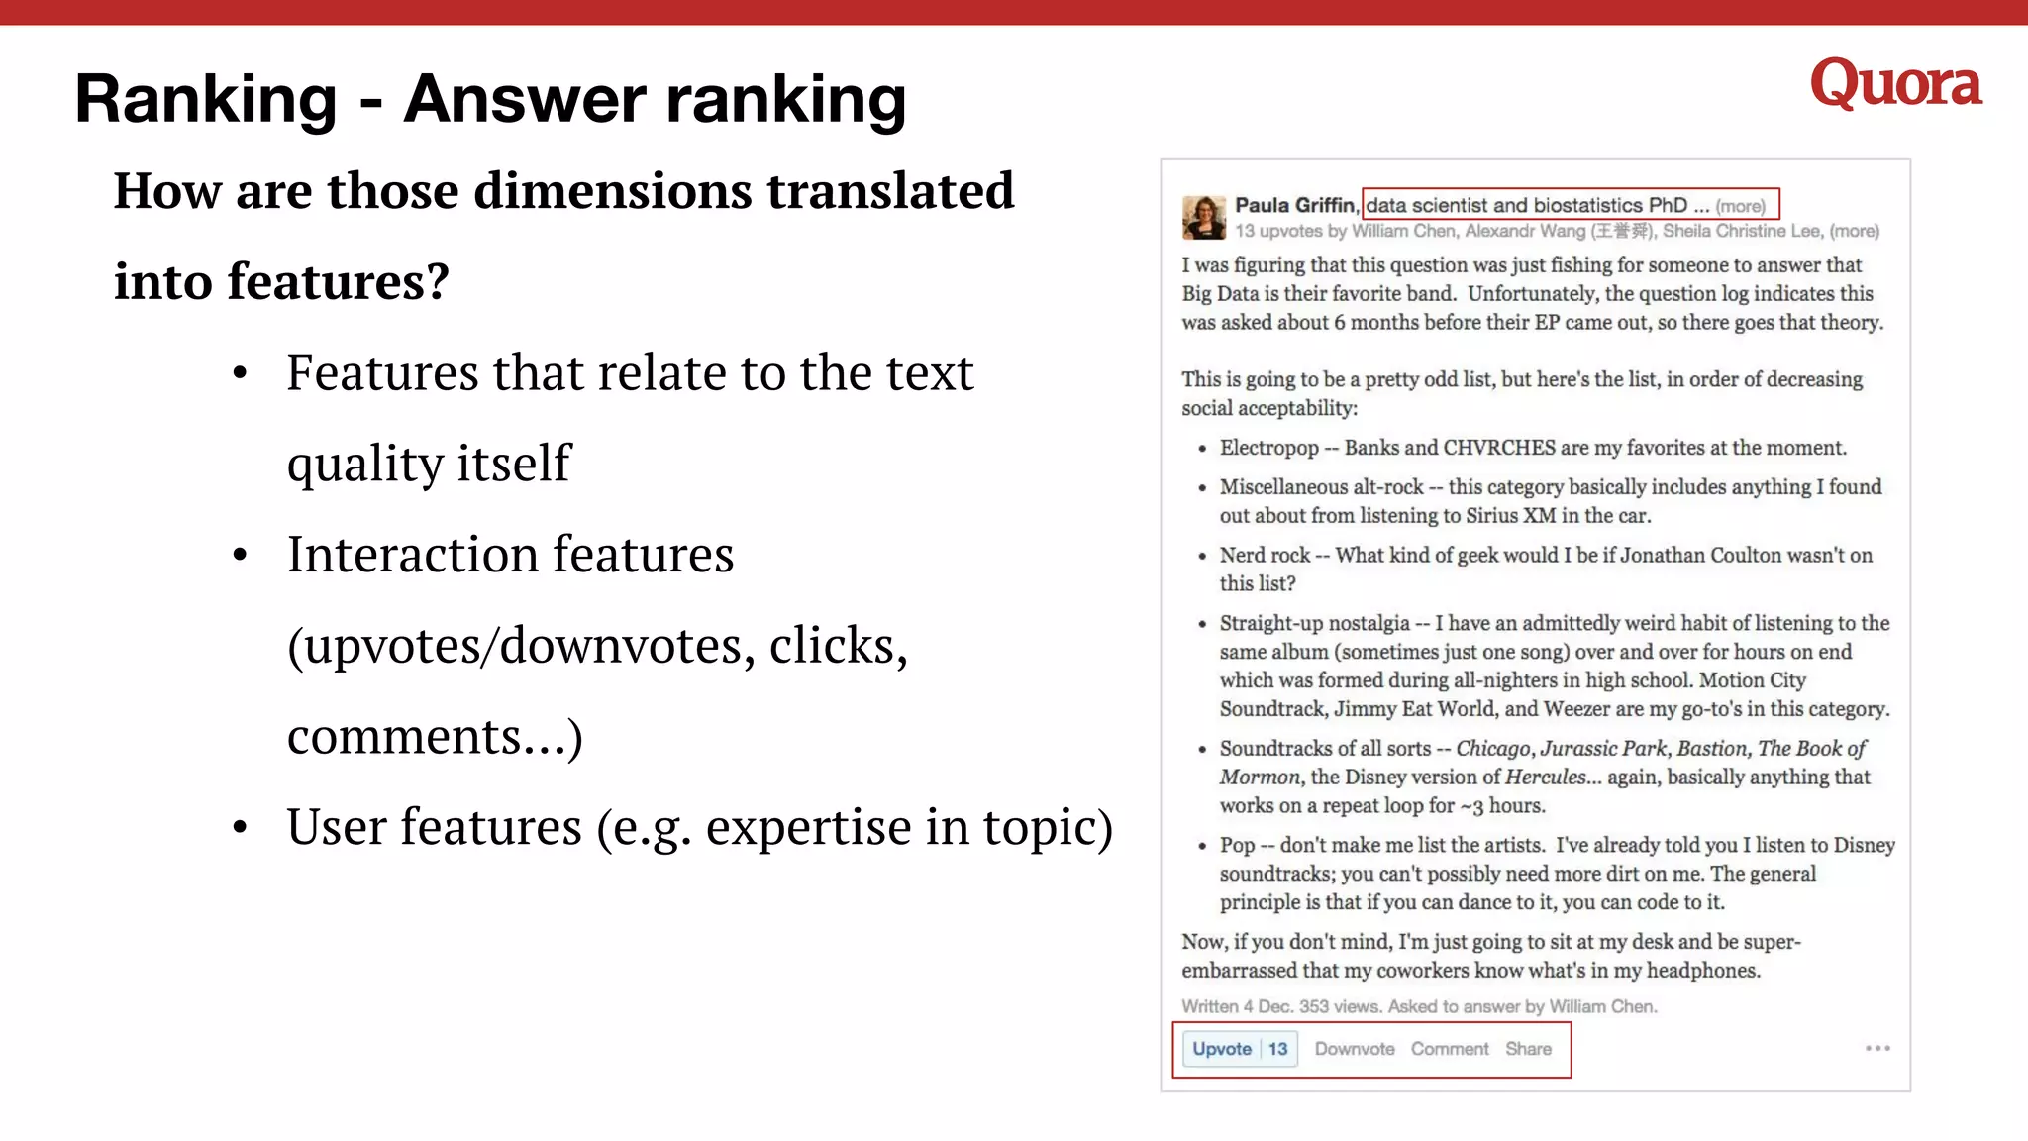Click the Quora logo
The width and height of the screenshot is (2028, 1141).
tap(1895, 83)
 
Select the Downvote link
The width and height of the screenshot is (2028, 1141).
tap(1354, 1049)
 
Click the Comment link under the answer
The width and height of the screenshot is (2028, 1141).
tap(1450, 1049)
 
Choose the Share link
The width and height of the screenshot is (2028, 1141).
tap(1528, 1049)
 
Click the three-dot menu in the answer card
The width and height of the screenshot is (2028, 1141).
tap(1877, 1048)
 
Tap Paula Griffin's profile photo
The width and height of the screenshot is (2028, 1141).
tap(1204, 217)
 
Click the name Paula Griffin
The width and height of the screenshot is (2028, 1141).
tap(1294, 205)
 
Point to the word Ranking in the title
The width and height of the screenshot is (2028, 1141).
tap(206, 99)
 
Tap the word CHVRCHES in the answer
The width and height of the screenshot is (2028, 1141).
tap(1499, 448)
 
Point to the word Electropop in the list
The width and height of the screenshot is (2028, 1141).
tap(1268, 448)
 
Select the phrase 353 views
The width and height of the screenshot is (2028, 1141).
tap(1339, 1006)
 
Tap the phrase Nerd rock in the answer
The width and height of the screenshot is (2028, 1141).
tap(1265, 555)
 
